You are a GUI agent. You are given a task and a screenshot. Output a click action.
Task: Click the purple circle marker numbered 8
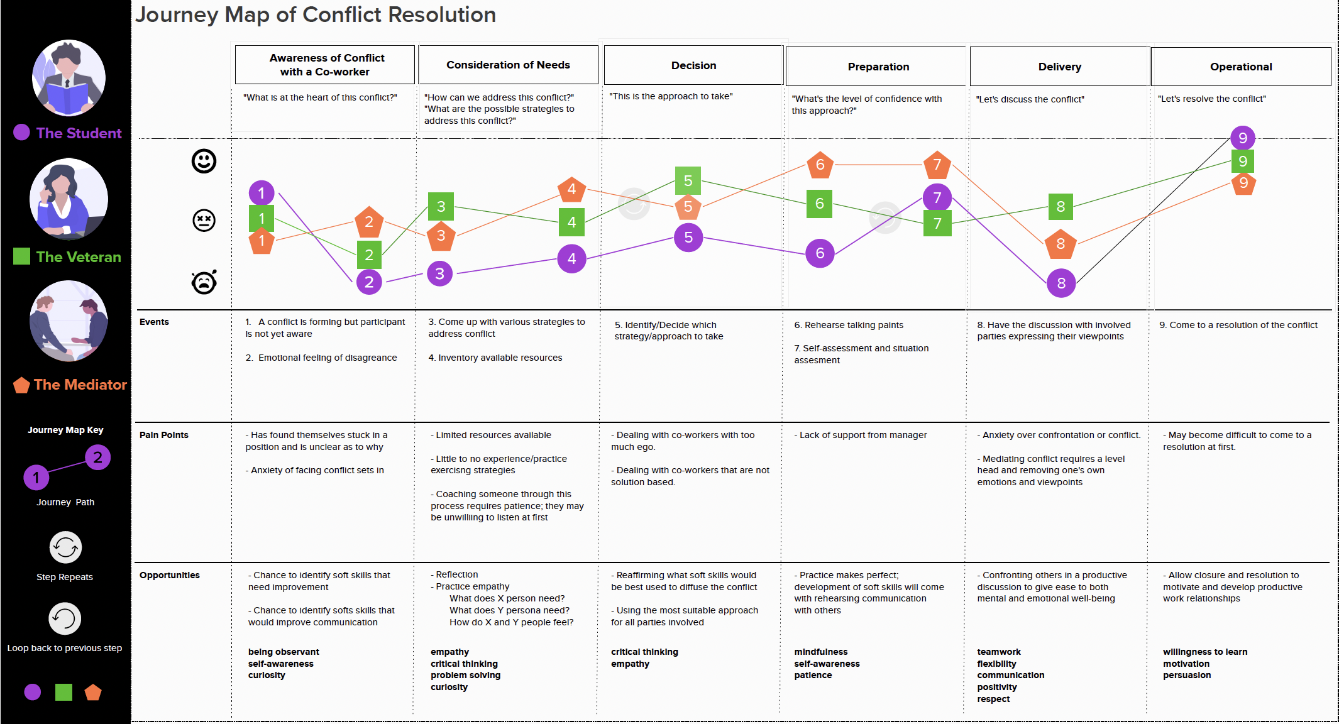point(1061,283)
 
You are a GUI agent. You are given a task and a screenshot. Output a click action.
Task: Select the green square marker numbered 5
point(688,181)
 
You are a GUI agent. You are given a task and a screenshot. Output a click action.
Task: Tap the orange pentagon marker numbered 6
point(820,165)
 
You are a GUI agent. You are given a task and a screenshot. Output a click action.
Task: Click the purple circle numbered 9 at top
point(1242,138)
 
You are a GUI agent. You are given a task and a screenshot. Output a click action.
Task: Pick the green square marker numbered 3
point(441,206)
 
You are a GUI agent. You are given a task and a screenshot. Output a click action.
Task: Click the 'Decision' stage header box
point(693,65)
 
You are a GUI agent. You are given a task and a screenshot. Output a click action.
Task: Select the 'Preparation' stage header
point(878,67)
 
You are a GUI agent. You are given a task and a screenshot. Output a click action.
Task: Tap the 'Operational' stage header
point(1240,67)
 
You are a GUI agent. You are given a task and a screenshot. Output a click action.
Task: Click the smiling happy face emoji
point(204,162)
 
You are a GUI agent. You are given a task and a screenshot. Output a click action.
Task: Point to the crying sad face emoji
point(204,282)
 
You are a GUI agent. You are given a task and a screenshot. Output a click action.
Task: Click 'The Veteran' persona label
point(78,257)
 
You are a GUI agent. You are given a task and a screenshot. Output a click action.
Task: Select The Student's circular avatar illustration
point(69,78)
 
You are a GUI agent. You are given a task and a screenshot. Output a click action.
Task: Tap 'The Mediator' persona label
point(80,385)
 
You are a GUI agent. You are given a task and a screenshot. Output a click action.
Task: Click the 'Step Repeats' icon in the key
point(65,547)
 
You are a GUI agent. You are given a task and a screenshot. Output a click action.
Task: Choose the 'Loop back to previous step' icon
point(65,619)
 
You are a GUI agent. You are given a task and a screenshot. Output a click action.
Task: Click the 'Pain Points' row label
point(163,435)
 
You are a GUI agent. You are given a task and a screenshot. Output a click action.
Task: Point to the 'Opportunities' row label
point(169,575)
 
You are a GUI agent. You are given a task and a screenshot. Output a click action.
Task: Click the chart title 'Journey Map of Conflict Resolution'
point(316,14)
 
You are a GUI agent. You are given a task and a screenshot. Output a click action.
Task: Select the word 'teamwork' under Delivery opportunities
point(998,652)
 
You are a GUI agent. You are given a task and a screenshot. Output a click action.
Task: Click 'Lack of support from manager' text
point(862,435)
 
